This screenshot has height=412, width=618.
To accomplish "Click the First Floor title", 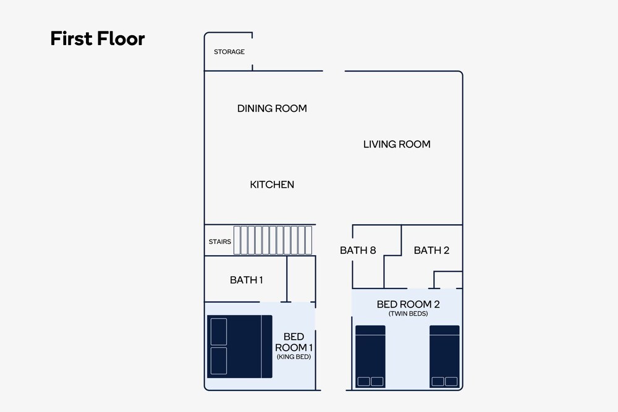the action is pos(98,38).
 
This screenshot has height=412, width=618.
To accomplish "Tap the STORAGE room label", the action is pos(229,52).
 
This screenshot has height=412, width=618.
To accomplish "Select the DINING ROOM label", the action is pos(272,108).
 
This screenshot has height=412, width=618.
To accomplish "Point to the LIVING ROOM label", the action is pos(397,144).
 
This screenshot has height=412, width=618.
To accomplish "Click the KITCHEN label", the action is pos(272,184).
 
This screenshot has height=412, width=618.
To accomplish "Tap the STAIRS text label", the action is pos(220,242).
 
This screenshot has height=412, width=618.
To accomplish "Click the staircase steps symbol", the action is pos(273,240).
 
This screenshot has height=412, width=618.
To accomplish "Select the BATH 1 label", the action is pos(247,280).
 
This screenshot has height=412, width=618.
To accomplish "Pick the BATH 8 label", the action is pos(358,250).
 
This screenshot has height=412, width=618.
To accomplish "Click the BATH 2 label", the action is pos(431,250).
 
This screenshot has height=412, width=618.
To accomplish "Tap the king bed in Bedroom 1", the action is pos(240,347).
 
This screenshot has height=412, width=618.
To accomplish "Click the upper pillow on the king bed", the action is pos(219,332).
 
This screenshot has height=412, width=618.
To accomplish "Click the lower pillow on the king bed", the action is pos(219,361).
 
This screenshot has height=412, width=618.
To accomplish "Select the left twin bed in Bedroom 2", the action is pos(370,356).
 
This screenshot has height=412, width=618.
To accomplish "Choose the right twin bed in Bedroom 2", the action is pos(444,356).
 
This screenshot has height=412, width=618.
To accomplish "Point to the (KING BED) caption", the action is pos(294,357).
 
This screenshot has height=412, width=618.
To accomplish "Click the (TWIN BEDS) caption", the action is pos(408,314).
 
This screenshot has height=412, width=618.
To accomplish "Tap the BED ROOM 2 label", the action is pos(408,304).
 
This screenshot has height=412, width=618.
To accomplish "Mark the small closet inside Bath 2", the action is pos(448,280).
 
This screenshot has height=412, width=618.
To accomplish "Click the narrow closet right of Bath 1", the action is pos(301,279).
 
